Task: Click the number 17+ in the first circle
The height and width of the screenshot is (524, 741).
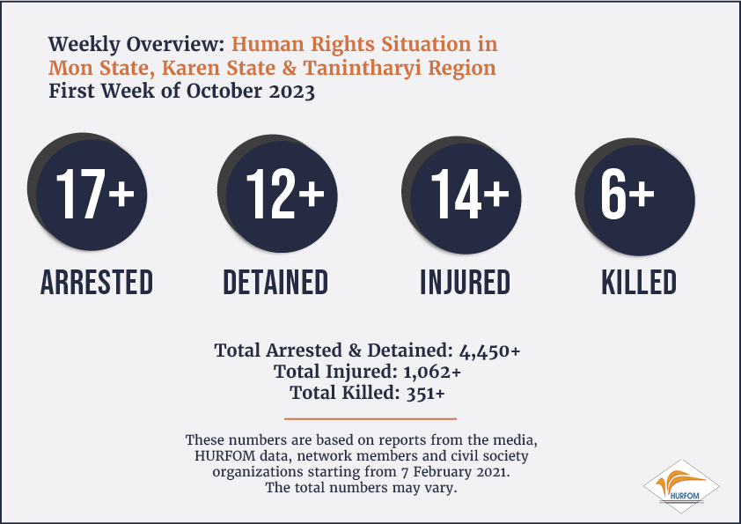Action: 95,194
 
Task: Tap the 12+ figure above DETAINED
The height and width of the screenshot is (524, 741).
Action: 285,194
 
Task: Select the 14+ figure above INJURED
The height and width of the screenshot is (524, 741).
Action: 470,194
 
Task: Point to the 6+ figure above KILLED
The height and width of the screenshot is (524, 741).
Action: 627,194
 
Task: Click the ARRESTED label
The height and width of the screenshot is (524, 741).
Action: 97,283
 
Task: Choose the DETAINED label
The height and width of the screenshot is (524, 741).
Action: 275,283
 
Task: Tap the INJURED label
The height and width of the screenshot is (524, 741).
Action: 466,283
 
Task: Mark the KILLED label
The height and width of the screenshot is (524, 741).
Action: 639,283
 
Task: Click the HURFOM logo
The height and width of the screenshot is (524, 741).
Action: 681,486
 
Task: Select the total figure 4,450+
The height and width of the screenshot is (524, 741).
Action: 489,351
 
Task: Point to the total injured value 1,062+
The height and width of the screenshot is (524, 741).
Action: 432,373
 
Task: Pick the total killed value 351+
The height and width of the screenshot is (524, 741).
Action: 425,393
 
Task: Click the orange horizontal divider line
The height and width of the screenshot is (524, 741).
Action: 370,418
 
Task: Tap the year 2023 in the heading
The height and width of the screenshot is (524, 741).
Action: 291,92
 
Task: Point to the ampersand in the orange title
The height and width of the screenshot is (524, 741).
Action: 289,68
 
